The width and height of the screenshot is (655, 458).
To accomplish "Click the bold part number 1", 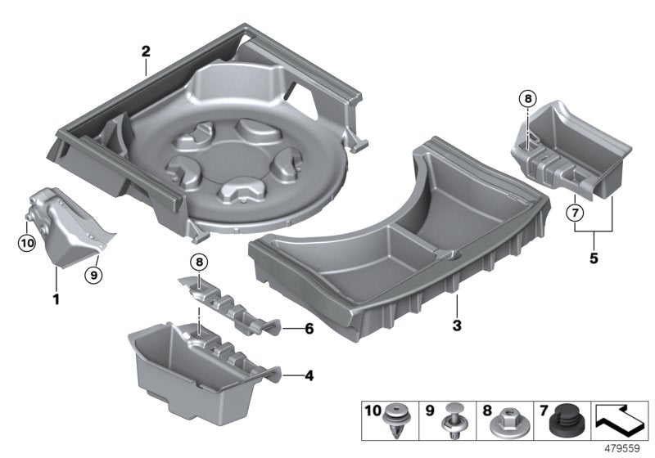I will point(56,299).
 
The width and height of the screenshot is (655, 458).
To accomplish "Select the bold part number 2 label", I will point(146,52).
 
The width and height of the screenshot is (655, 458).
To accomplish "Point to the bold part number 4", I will point(308,376).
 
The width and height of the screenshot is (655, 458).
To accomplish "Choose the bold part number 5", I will point(594,258).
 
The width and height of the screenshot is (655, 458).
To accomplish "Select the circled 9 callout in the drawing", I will point(93,275).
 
